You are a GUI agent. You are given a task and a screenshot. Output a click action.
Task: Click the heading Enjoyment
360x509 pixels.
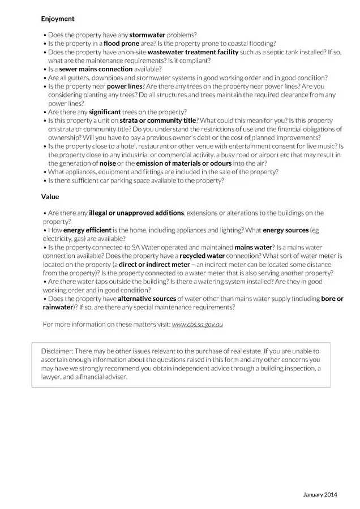(x=57, y=19)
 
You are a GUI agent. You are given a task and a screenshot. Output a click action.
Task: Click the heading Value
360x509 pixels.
(x=50, y=197)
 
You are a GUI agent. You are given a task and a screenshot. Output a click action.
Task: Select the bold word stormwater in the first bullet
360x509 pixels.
(x=148, y=35)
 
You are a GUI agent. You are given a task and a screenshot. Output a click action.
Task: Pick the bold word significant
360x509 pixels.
(x=105, y=112)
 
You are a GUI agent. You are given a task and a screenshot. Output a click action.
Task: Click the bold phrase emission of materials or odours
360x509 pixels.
(x=184, y=163)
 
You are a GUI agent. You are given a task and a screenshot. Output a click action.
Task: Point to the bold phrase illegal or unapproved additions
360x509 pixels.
(x=136, y=213)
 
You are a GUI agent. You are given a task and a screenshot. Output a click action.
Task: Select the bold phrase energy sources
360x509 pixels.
(x=285, y=230)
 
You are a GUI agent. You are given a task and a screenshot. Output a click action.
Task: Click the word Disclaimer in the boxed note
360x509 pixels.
(x=57, y=351)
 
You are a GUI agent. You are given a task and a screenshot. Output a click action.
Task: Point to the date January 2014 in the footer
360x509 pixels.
(x=320, y=495)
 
